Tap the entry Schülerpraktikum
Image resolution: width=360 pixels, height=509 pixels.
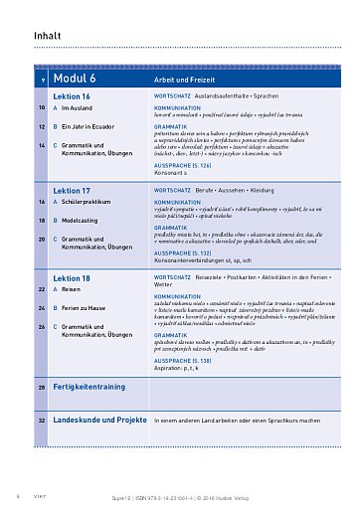[x=90, y=202]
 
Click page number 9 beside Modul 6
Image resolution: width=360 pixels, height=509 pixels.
[x=43, y=79]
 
